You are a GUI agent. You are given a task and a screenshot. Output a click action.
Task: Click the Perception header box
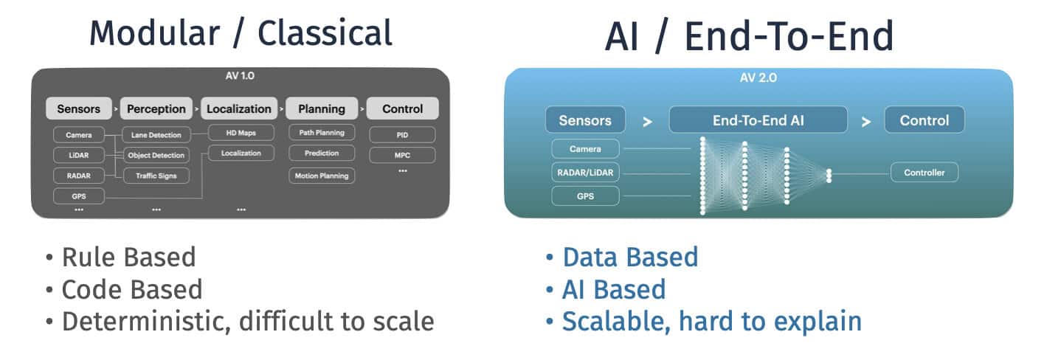[x=156, y=108]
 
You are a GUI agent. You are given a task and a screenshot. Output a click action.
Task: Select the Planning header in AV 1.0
[x=321, y=108]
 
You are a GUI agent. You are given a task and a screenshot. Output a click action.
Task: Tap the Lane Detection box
[x=156, y=135]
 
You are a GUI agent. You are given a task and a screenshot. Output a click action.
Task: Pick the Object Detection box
[x=156, y=156]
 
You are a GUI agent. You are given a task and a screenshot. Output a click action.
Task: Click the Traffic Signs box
[x=156, y=176]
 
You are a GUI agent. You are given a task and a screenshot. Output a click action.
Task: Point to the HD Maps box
[x=241, y=134]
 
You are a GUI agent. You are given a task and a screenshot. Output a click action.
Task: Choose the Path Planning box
[x=321, y=134]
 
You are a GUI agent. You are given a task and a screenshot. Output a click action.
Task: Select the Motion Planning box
[x=321, y=176]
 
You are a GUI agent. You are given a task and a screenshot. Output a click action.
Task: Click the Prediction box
[x=321, y=153]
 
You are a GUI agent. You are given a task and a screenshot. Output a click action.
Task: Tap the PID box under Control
[x=402, y=135]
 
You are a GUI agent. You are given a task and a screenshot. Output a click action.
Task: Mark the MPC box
[x=402, y=155]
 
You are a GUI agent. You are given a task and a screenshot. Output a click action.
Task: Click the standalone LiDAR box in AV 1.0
[x=78, y=155]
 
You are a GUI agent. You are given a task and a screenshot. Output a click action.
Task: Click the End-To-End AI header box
[x=758, y=120]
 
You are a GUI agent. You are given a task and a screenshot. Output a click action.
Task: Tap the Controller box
[x=924, y=173]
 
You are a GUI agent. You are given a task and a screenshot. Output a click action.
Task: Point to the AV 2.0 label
[x=758, y=77]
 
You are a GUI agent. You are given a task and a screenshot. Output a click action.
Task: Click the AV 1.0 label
[x=240, y=76]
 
